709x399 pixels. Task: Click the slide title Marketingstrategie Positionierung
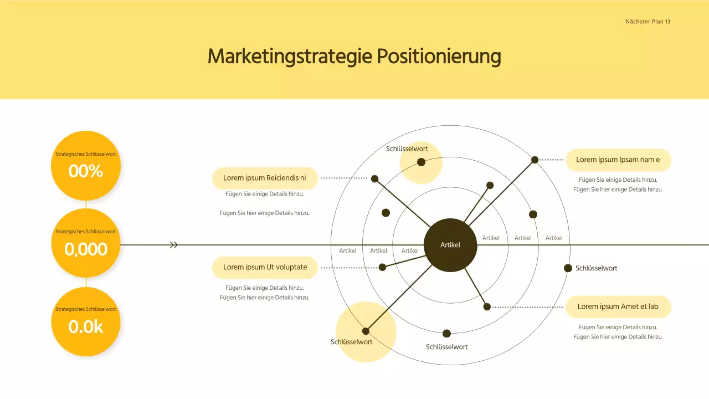tap(354, 57)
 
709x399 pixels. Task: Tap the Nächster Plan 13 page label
tap(648, 22)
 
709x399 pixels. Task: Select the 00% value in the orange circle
tap(86, 171)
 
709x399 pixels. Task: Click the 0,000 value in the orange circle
tap(86, 249)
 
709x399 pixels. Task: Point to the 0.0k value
tap(86, 327)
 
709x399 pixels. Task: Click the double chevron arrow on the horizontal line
tap(174, 245)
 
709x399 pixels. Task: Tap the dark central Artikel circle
tap(450, 245)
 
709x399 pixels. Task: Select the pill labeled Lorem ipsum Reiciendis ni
tap(265, 178)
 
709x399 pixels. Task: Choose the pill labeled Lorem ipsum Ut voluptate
tap(265, 267)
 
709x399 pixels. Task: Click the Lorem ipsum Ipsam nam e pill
tap(618, 160)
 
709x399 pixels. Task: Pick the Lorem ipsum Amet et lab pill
tap(618, 306)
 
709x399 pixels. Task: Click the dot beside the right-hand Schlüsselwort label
tap(568, 268)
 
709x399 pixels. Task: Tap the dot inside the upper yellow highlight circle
tap(421, 162)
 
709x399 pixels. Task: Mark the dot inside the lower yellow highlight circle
tap(366, 331)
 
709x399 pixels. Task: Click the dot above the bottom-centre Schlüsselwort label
tap(446, 334)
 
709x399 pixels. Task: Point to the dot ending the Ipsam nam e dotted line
tap(535, 160)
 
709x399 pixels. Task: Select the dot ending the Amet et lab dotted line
tap(487, 306)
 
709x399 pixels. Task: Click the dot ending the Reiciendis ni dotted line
tap(374, 178)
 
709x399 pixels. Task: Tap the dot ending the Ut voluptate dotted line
tap(382, 267)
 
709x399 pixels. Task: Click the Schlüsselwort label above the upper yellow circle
tap(407, 149)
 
